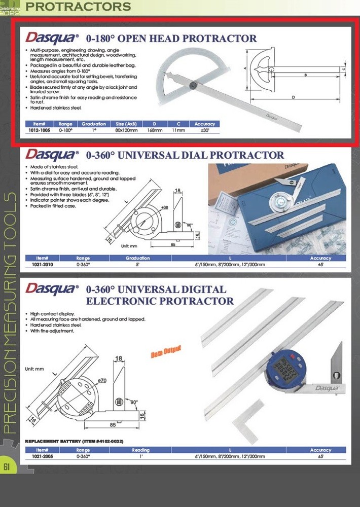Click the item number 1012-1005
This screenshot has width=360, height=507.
[39, 130]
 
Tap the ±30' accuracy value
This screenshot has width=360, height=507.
[204, 130]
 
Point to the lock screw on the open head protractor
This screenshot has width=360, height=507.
[193, 86]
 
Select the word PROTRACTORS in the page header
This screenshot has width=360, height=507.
[78, 7]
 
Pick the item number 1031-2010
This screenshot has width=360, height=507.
[39, 264]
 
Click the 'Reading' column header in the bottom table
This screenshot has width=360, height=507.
[140, 450]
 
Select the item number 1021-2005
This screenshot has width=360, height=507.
[39, 456]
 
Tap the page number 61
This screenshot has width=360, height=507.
[7, 467]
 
